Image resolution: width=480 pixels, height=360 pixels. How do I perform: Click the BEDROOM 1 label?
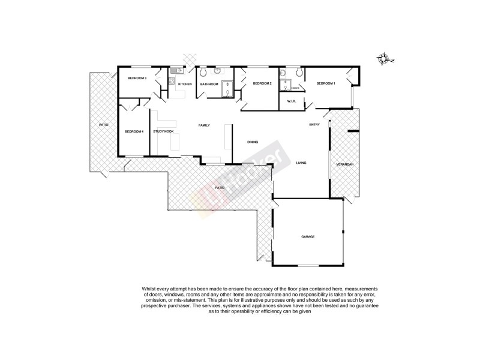[x=326, y=83]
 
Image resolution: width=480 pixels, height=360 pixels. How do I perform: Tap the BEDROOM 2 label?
[x=262, y=83]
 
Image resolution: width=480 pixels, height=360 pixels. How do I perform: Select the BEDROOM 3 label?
[x=137, y=77]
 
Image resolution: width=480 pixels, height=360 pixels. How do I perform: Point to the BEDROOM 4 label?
[x=134, y=131]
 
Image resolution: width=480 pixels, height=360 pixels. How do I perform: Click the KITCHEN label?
[x=185, y=84]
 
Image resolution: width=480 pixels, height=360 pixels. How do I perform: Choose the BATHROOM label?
[x=209, y=84]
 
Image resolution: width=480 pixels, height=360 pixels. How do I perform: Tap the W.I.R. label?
[x=292, y=101]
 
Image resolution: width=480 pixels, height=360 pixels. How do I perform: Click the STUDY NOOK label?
[x=163, y=131]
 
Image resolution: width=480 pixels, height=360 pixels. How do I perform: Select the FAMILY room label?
[x=204, y=125]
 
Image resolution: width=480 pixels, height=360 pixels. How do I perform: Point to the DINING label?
[x=253, y=142]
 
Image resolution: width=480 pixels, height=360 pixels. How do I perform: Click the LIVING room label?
[x=301, y=162]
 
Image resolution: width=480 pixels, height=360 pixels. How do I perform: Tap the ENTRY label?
[x=314, y=125]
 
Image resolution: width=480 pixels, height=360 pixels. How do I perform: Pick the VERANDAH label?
[x=344, y=164]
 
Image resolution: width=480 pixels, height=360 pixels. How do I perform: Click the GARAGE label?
[x=308, y=236]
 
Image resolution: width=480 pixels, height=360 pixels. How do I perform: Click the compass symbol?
[x=384, y=58]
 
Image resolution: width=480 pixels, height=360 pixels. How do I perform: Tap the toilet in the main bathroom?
[x=204, y=73]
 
